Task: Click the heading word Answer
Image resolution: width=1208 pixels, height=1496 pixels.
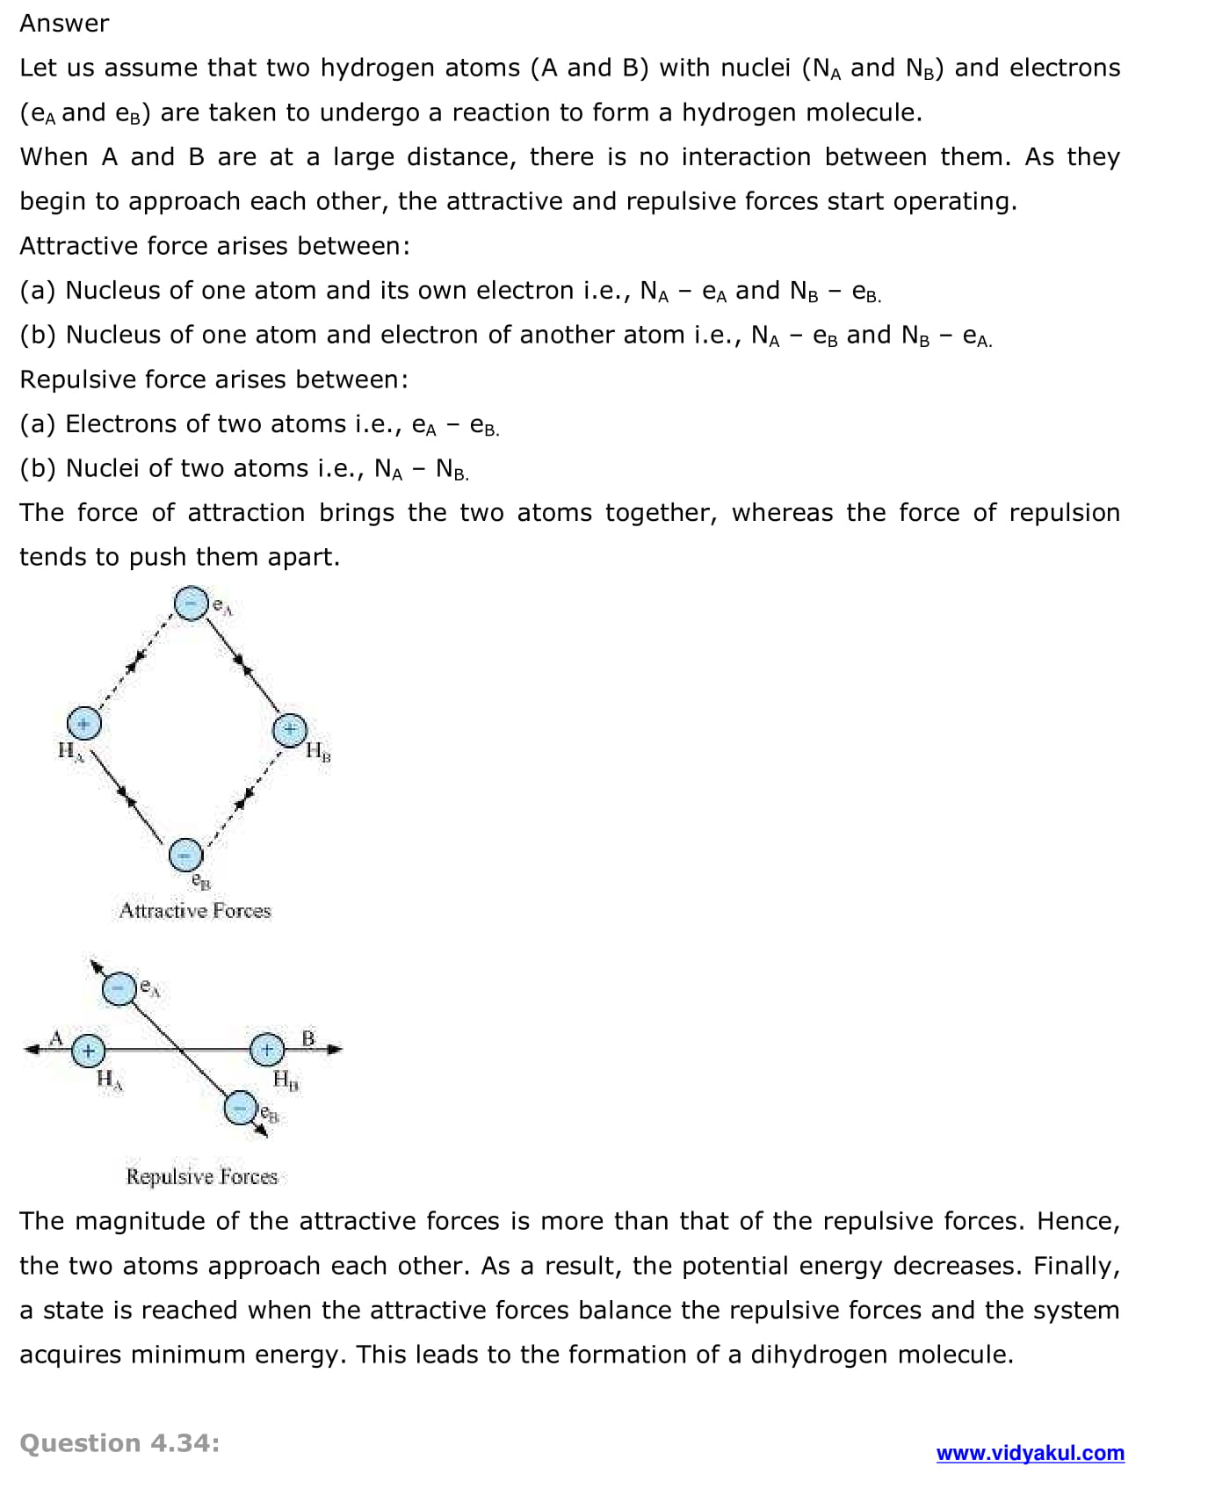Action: click(64, 23)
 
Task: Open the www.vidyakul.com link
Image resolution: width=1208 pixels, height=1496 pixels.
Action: click(1030, 1453)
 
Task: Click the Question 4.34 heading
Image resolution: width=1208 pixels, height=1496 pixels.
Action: click(119, 1443)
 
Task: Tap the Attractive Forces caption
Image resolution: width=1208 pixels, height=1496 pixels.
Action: click(195, 911)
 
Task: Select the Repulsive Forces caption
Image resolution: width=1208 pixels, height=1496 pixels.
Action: click(201, 1176)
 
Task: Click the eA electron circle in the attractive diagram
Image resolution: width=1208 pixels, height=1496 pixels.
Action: click(191, 603)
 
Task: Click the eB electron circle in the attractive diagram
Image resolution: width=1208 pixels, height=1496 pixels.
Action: click(185, 854)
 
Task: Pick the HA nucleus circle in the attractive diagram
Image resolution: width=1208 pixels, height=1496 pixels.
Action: click(84, 724)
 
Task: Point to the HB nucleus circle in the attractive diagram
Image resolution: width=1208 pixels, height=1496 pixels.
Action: click(290, 730)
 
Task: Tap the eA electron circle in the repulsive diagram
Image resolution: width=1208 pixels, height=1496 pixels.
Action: click(119, 989)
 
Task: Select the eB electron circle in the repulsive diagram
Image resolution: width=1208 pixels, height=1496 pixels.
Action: click(240, 1109)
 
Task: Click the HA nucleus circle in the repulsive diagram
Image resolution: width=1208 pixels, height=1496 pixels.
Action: click(89, 1050)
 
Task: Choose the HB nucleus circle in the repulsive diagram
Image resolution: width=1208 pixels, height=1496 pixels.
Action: click(267, 1049)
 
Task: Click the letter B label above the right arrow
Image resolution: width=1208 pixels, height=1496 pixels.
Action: click(308, 1038)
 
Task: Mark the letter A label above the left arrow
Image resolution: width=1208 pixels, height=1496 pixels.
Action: click(56, 1037)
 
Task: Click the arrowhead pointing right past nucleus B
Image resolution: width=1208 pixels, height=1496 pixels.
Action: click(335, 1049)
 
